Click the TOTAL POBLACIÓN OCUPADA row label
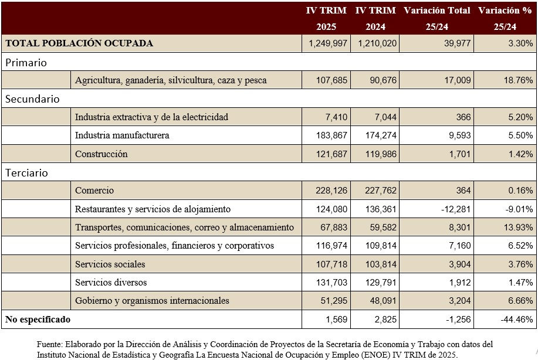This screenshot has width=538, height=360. point(79,43)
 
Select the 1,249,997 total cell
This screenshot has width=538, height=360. point(327,43)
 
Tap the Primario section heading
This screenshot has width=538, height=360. point(26,62)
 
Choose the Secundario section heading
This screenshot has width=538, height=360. point(32,99)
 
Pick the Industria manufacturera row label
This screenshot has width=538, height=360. point(122,135)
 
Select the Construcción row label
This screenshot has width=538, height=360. point(101,154)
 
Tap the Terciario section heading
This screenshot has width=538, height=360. point(27,173)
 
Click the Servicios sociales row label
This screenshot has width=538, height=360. point(110,264)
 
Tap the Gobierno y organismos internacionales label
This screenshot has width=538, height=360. point(152,301)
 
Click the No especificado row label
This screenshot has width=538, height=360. point(38,320)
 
